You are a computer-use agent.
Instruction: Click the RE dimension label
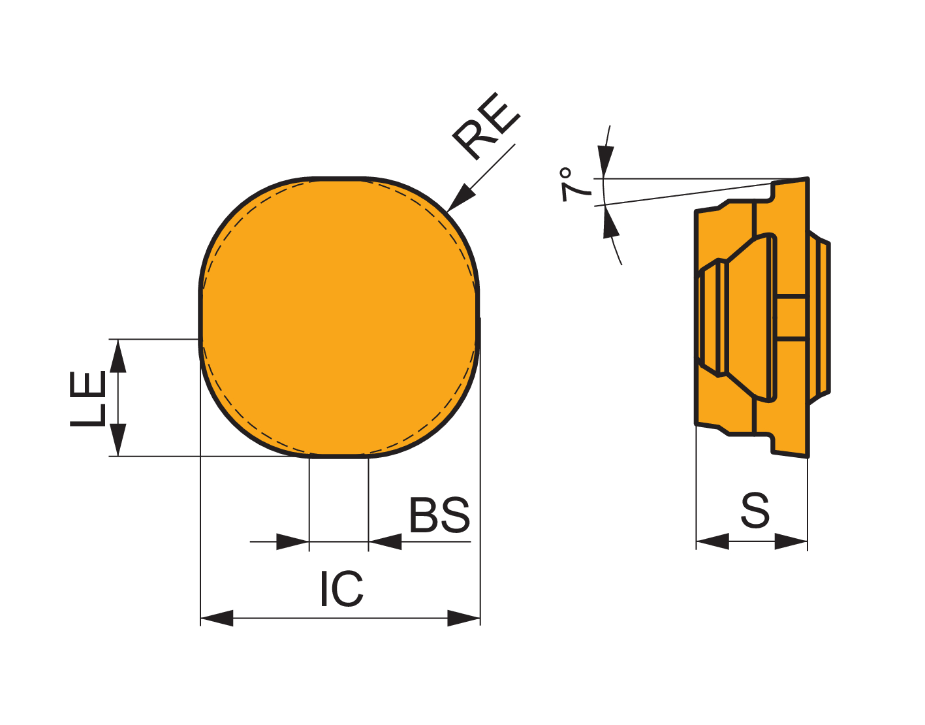tap(486, 126)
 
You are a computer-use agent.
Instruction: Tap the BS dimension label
tap(439, 515)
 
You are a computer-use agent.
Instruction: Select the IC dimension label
tap(342, 588)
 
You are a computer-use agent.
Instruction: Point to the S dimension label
tap(755, 510)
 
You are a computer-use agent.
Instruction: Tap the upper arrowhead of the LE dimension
tap(118, 356)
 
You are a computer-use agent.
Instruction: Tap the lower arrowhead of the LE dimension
tap(118, 440)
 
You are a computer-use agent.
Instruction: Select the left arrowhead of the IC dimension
tap(217, 618)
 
